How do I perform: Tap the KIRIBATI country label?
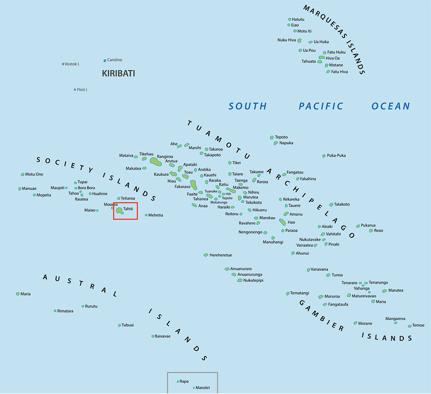pyautogui.click(x=118, y=74)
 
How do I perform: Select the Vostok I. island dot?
pyautogui.click(x=63, y=64)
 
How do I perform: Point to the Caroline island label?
pyautogui.click(x=115, y=60)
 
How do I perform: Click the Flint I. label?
pyautogui.click(x=82, y=90)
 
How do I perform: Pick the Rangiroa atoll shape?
pyautogui.click(x=155, y=162)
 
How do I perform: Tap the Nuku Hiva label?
pyautogui.click(x=286, y=40)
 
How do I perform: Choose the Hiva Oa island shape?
pyautogui.click(x=321, y=58)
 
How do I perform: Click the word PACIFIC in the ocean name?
pyautogui.click(x=321, y=106)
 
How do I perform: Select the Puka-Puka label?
pyautogui.click(x=336, y=156)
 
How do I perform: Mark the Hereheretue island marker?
pyautogui.click(x=206, y=255)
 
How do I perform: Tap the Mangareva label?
pyautogui.click(x=395, y=319)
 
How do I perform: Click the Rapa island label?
pyautogui.click(x=184, y=381)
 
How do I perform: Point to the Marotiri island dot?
pyautogui.click(x=194, y=388)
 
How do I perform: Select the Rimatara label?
pyautogui.click(x=66, y=311)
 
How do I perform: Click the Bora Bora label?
pyautogui.click(x=86, y=188)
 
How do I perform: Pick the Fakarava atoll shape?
pyautogui.click(x=194, y=185)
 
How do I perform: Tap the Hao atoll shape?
pyautogui.click(x=282, y=222)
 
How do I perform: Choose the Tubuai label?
pyautogui.click(x=128, y=325)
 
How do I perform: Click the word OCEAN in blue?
pyautogui.click(x=390, y=106)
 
